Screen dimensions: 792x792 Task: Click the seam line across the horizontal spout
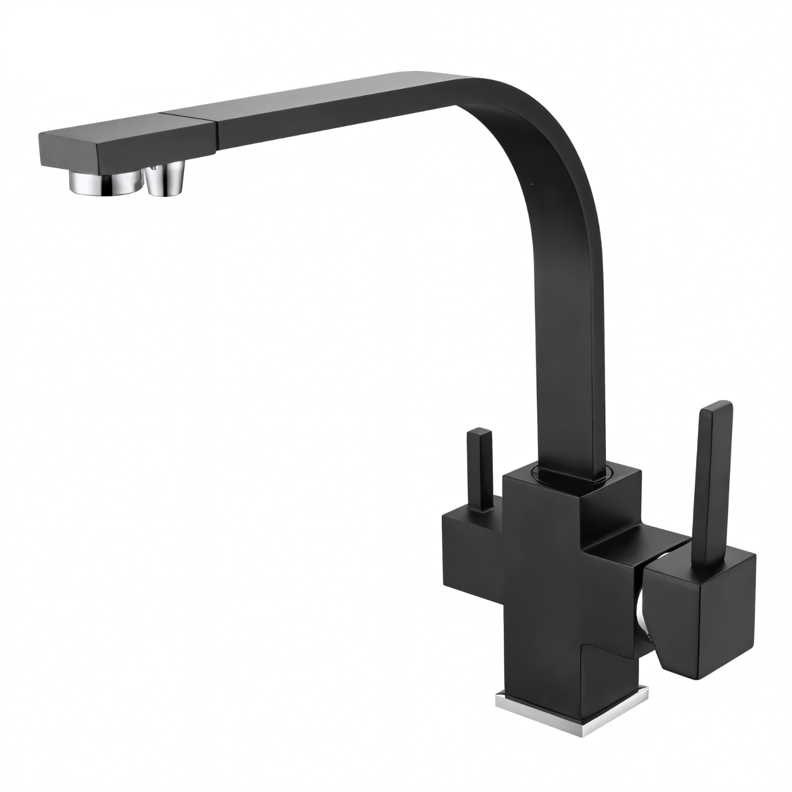click(x=215, y=131)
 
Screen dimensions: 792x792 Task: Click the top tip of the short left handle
click(x=479, y=433)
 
